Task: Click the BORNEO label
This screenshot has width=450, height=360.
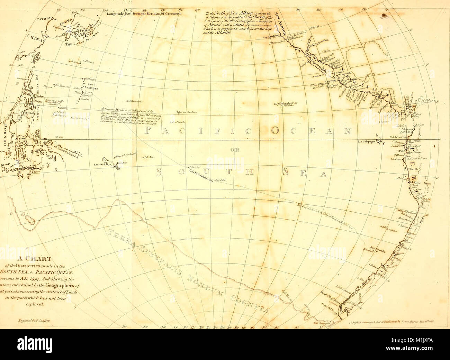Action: coord(4,135)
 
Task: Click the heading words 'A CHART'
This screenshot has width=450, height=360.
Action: coord(36,258)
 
